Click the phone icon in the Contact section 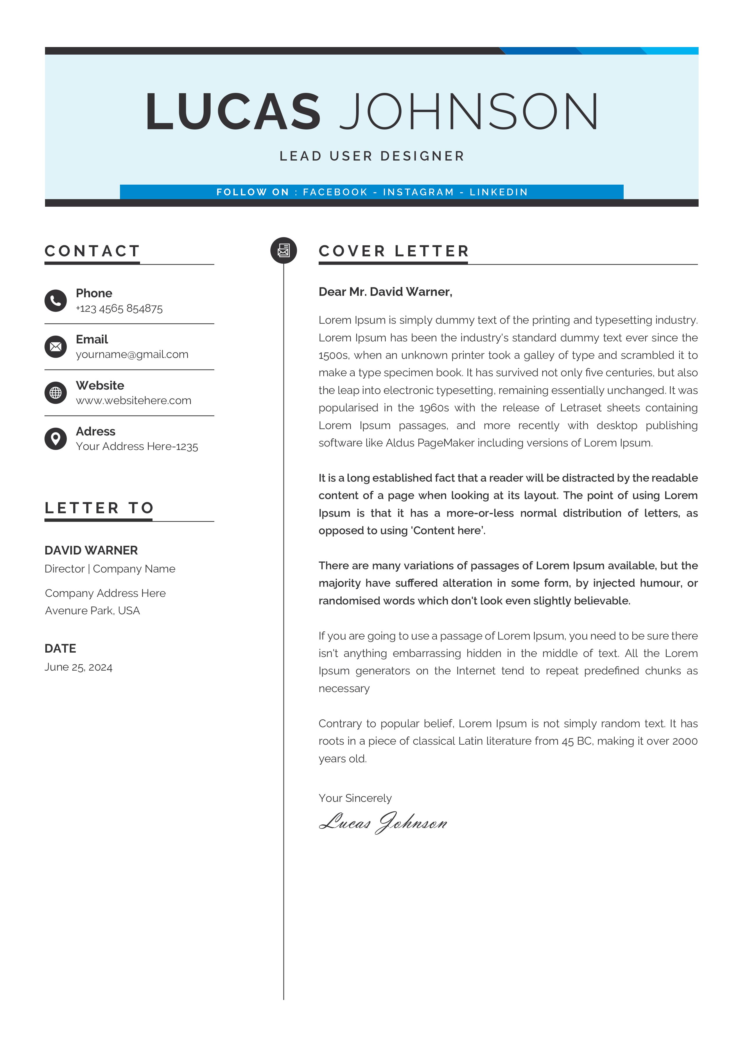point(56,300)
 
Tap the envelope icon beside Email point(56,347)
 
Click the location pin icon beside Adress point(56,439)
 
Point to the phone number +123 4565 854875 point(119,309)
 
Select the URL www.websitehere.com point(133,400)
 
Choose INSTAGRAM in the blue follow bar point(418,192)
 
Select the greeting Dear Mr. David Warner point(385,292)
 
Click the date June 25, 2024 point(78,667)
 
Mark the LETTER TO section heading point(99,508)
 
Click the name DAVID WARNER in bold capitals point(91,550)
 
